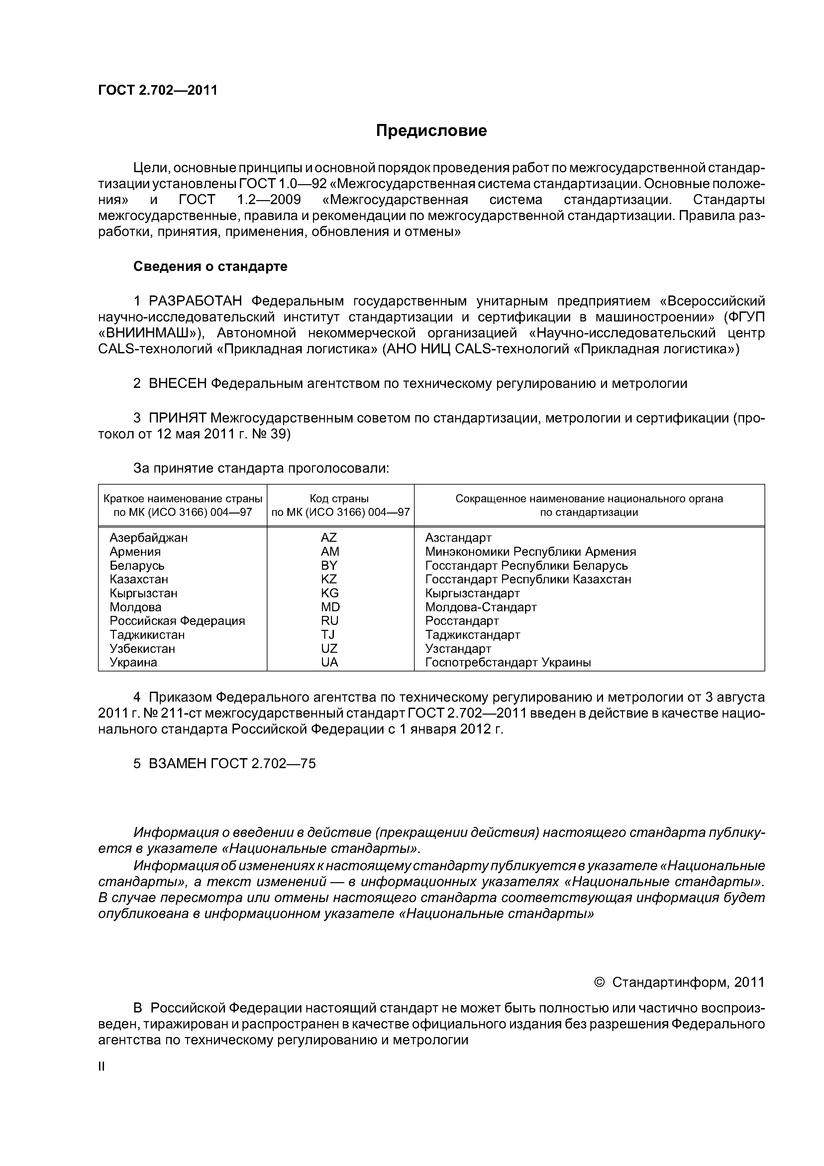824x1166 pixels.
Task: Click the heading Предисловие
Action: (x=431, y=131)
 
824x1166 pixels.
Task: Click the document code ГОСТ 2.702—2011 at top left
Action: (x=157, y=90)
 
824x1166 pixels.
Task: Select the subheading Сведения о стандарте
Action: (x=210, y=267)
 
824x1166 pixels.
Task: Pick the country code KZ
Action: (x=329, y=579)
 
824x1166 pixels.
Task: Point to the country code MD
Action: (x=330, y=607)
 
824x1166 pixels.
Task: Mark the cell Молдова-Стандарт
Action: (x=481, y=607)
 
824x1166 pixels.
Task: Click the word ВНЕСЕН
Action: (x=178, y=384)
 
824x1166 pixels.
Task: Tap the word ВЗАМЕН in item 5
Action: (x=178, y=763)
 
